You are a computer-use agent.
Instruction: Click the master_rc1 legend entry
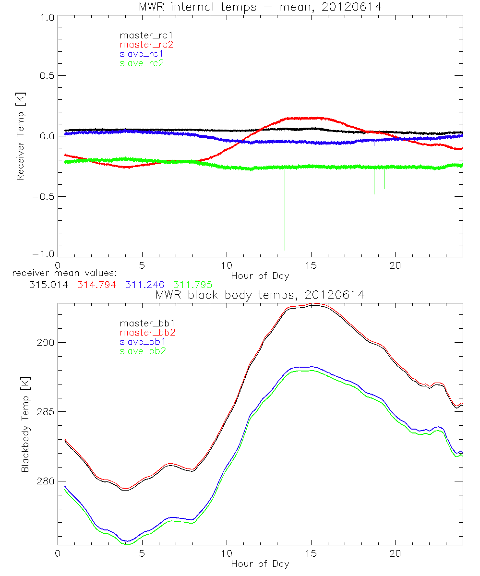[142, 35]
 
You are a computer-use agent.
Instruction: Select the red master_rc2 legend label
[146, 44]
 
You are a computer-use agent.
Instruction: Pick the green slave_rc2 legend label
[142, 62]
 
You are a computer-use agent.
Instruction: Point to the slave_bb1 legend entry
[142, 342]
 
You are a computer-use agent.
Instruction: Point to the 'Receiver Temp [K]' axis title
[20, 136]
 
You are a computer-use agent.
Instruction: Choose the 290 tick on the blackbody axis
[47, 343]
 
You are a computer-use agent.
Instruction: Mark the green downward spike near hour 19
[384, 180]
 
